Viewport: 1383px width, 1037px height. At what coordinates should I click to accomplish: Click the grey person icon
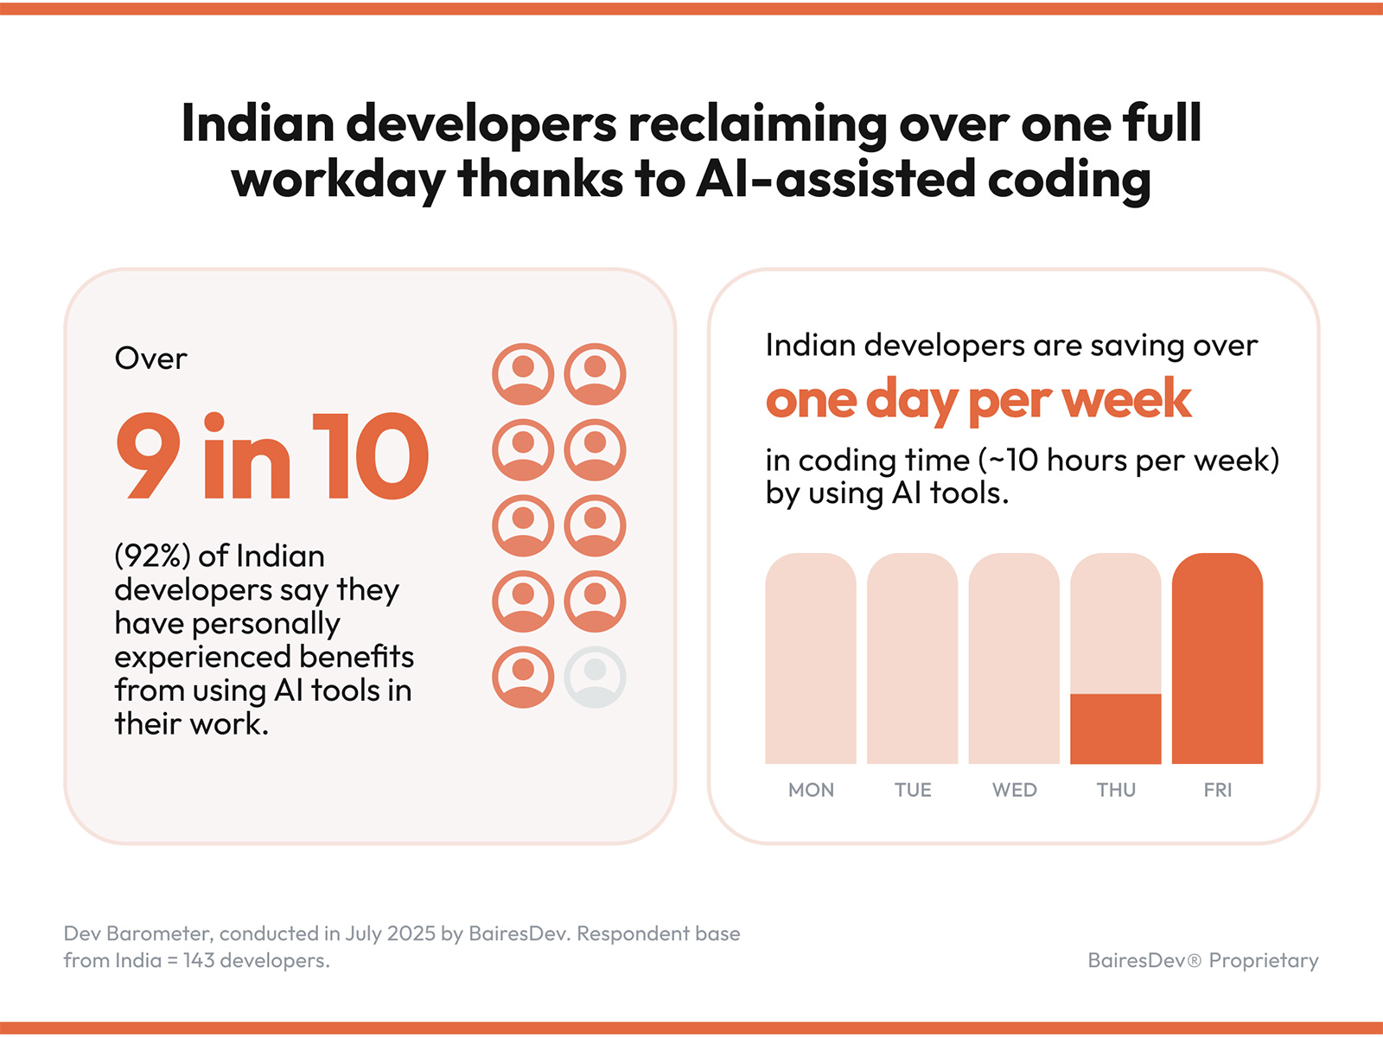tap(595, 677)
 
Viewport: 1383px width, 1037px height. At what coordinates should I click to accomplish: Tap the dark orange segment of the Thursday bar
tap(1115, 728)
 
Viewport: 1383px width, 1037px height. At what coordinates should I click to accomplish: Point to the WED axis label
tap(1014, 790)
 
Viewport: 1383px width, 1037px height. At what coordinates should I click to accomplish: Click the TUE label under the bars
tap(913, 790)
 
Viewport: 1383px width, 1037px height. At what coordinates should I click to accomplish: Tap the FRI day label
tap(1217, 790)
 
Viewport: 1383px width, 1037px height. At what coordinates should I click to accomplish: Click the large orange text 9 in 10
tap(271, 456)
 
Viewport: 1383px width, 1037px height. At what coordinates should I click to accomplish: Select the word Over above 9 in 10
tap(150, 359)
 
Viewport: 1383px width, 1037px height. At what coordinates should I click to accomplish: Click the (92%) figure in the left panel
tap(152, 556)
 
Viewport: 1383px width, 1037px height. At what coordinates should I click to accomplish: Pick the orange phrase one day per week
tap(978, 399)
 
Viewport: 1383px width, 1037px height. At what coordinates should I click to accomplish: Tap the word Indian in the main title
tap(258, 123)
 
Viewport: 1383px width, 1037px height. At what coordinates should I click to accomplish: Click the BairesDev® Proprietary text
tap(1202, 960)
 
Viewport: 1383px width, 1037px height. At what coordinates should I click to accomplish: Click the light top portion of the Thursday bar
tap(1115, 622)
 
